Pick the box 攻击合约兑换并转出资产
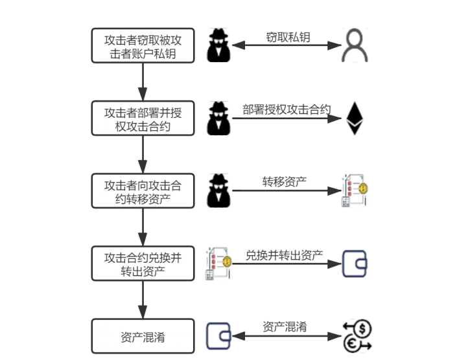(x=143, y=264)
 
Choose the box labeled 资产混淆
(x=143, y=337)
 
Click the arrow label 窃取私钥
(x=288, y=37)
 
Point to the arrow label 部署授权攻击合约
(x=286, y=109)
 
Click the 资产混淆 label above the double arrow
(x=285, y=326)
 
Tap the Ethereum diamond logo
(x=354, y=118)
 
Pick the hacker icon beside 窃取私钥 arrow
(x=220, y=46)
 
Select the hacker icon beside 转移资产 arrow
(x=220, y=191)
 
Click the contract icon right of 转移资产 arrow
(x=354, y=191)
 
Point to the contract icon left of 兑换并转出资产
(x=219, y=264)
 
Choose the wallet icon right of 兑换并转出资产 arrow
(x=355, y=264)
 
